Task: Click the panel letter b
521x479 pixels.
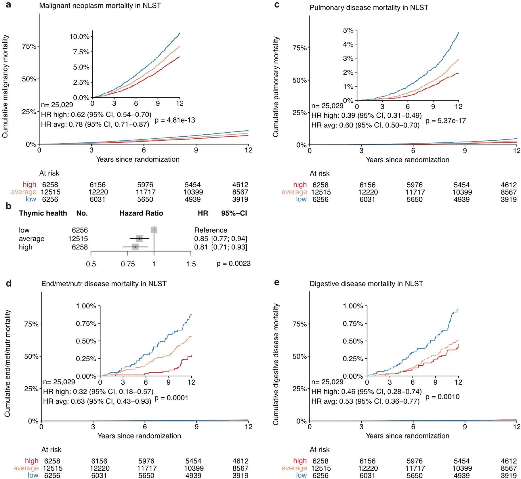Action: click(x=9, y=206)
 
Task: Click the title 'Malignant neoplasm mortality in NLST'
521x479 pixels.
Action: click(x=100, y=5)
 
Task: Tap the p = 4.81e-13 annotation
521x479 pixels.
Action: click(x=175, y=120)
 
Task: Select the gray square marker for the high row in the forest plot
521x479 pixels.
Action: click(x=135, y=247)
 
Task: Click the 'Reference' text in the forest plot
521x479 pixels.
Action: click(x=211, y=230)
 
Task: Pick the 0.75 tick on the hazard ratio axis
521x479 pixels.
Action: click(x=128, y=264)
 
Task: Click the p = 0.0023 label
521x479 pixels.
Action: click(x=233, y=264)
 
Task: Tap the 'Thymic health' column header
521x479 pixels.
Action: click(x=43, y=213)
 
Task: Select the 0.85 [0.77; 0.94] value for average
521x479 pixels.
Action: click(x=220, y=238)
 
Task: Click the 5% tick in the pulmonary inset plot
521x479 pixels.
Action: click(x=348, y=30)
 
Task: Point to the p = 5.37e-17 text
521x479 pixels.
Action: click(x=446, y=121)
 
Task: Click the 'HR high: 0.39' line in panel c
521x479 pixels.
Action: click(x=366, y=115)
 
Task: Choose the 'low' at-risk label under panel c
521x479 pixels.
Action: click(x=301, y=199)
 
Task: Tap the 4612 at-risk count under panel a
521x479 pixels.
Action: click(x=240, y=185)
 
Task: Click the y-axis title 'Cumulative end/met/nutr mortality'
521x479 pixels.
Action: click(x=7, y=363)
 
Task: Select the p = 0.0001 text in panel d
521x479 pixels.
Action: click(x=171, y=398)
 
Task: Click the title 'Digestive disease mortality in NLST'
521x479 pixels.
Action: click(x=366, y=284)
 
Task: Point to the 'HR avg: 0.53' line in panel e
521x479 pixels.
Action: click(x=365, y=401)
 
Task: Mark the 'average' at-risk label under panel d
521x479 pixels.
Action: click(x=26, y=468)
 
